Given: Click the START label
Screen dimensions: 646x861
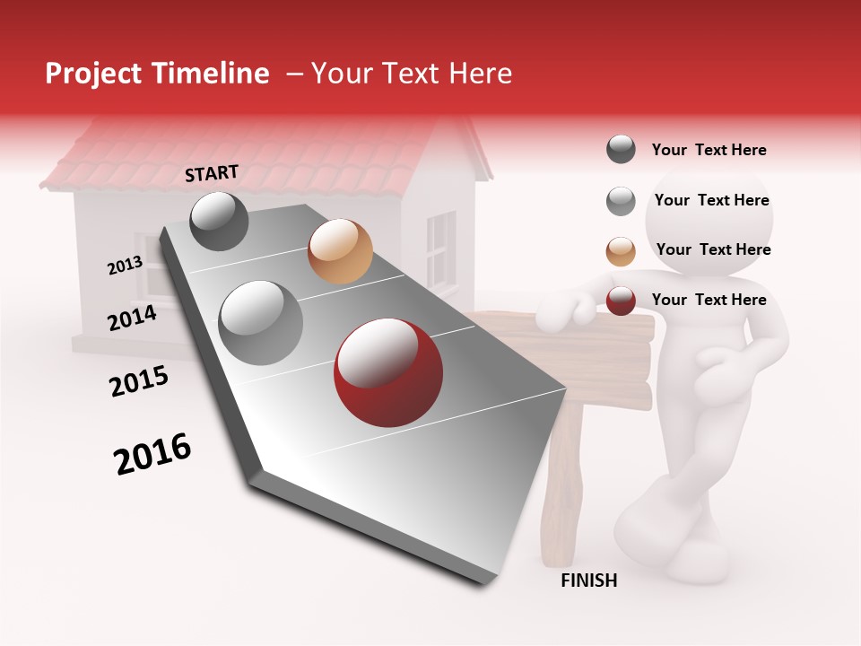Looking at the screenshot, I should pos(212,173).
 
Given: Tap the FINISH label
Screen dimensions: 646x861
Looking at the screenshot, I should pos(588,581).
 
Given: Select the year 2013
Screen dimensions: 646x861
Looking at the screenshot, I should pos(125,266).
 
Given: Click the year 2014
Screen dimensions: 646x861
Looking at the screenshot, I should pos(132,318).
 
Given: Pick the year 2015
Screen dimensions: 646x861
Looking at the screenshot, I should pos(138,381).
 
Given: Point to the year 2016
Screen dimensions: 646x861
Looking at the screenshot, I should pos(152,454).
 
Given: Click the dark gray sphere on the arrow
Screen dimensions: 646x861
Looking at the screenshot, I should pos(219,221).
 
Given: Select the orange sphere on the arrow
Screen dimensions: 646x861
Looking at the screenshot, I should pos(339,251).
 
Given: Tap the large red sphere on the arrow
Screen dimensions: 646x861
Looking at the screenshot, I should pos(387,372).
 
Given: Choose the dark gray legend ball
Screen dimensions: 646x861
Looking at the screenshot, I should pos(621,149).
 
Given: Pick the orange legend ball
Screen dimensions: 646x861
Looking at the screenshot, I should pos(621,251).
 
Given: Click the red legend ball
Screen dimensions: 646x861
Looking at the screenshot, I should pos(621,301).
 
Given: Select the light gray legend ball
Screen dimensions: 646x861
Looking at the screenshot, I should pos(621,201).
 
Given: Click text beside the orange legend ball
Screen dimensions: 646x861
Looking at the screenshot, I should pos(713,249).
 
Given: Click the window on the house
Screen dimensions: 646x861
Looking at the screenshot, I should pos(440,248).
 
